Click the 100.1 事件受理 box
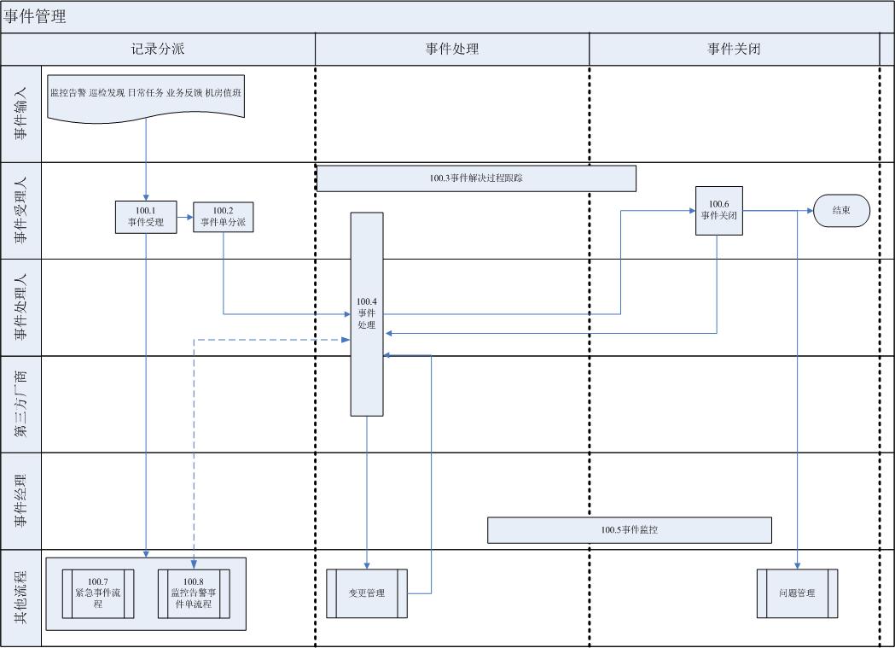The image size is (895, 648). point(146,217)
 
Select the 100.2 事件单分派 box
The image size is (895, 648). point(224,217)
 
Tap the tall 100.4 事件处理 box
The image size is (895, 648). point(367,313)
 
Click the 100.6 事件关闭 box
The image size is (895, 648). point(718,210)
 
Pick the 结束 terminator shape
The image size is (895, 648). point(841,210)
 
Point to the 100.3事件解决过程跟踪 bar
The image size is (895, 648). point(476,178)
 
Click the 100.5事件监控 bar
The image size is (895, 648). point(629,530)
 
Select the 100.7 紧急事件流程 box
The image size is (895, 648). point(98,593)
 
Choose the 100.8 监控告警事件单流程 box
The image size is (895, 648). point(193,593)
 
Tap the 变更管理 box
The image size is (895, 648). point(367,593)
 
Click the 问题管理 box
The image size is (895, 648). point(797,593)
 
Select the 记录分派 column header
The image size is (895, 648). point(158,49)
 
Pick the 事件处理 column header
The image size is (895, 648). point(452,49)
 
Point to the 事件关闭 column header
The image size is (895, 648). point(734,49)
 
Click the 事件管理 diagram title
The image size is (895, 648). point(35,16)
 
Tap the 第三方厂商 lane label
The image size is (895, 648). point(21,404)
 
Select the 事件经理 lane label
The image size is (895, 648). point(21,500)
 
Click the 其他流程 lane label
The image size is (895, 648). point(21,598)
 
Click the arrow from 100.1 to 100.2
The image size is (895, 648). point(185,217)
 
